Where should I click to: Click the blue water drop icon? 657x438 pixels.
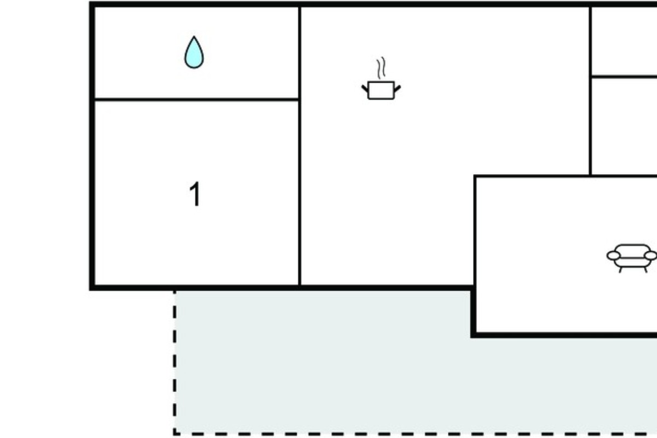tap(194, 53)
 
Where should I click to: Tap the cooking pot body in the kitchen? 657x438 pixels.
tap(381, 91)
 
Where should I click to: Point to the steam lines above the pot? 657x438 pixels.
tap(381, 68)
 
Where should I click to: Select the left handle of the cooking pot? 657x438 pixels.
tap(365, 89)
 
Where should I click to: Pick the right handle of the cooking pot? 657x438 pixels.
tap(397, 89)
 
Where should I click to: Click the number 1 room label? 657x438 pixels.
tap(195, 194)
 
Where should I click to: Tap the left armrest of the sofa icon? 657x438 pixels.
tap(614, 256)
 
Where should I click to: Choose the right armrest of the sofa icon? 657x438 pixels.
tap(650, 256)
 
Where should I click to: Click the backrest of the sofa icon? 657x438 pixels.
tap(632, 251)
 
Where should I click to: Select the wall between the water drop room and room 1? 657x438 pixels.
tap(197, 100)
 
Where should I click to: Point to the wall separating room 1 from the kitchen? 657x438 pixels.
tap(299, 146)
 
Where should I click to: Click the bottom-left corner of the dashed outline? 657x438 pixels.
tap(175, 433)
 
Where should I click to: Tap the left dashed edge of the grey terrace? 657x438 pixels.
tap(175, 362)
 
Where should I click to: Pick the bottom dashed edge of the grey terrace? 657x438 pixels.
tap(416, 433)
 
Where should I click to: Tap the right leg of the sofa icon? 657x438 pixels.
tap(646, 270)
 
